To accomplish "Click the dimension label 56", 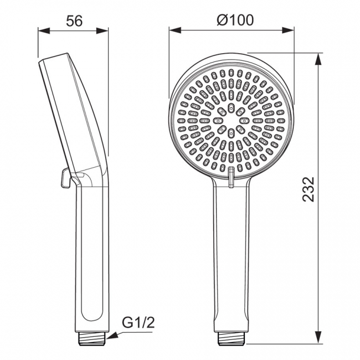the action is pos(74,22).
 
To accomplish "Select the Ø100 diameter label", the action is pos(235,20).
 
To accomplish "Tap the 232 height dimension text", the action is pos(308,189).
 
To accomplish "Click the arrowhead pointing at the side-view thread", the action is pos(113,336).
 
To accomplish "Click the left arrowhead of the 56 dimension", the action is pos(44,31).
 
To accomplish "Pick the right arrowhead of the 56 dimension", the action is pos(102,31).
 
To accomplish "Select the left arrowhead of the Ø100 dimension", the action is pos(175,30).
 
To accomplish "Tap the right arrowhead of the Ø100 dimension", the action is pos(288,30).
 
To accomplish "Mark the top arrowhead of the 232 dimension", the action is pos(318,59).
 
